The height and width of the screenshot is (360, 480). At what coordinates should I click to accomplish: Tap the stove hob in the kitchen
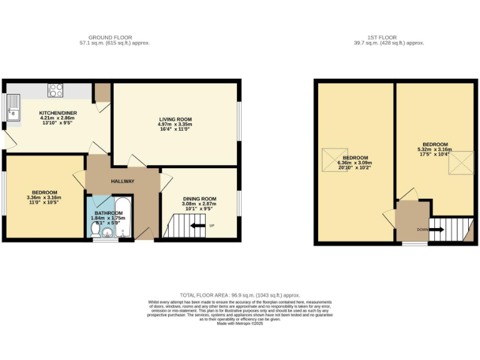55,90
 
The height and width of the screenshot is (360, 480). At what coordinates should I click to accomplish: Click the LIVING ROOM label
174,119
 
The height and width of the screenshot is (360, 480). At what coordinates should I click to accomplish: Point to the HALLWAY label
122,181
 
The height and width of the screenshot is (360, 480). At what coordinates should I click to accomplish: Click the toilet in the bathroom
95,232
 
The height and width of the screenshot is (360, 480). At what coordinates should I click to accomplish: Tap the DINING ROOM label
199,199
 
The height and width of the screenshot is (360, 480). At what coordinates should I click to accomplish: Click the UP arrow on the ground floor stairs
198,226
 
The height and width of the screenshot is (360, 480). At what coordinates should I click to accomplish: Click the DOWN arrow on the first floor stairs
437,229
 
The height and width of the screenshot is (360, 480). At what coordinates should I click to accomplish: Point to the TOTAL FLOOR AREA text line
240,294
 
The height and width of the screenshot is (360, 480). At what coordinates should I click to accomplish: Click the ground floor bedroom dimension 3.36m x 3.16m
44,197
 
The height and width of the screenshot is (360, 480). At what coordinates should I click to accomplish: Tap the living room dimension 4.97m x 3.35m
174,125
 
